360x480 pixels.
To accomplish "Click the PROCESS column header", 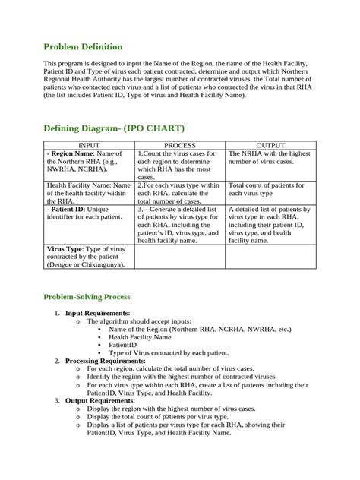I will (x=179, y=144).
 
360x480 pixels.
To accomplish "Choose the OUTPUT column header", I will (x=270, y=144).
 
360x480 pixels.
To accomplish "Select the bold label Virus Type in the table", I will (x=65, y=248).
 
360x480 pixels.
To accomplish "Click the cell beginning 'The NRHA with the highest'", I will (x=270, y=158).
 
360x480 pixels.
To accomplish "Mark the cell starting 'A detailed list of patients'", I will (x=270, y=225).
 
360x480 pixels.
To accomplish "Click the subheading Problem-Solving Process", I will (x=87, y=296).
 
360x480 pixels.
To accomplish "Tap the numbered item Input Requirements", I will (x=97, y=313).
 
